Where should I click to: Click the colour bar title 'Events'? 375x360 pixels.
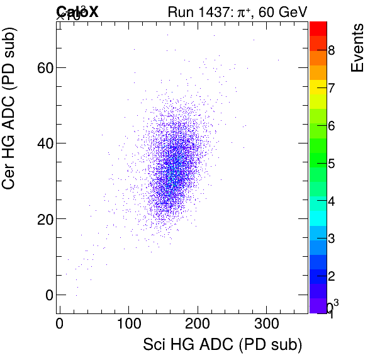357,48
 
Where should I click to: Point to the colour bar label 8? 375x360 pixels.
331,50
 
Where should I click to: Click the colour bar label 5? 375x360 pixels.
331,164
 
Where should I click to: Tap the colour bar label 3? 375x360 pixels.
331,240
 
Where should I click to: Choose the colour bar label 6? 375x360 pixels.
331,126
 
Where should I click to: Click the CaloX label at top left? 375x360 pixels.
77,11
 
